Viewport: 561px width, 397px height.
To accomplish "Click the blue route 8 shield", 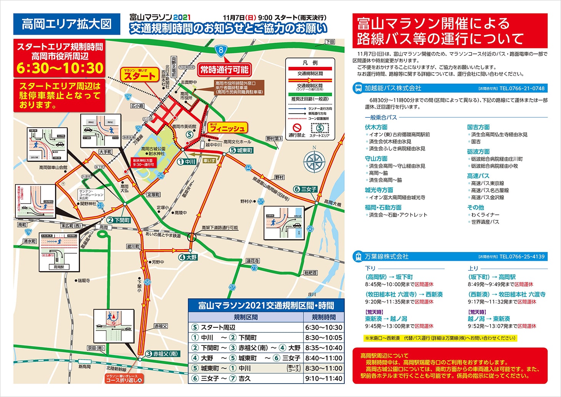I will (221, 50).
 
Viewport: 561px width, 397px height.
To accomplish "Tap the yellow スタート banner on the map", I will (140, 75).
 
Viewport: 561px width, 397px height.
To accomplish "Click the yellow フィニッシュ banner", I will (227, 128).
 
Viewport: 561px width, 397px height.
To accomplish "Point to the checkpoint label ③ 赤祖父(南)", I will (162, 354).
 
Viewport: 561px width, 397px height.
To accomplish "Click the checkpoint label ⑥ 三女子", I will (305, 189).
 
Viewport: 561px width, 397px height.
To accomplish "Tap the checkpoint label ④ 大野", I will (188, 257).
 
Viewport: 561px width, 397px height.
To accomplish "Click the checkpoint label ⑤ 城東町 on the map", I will (241, 150).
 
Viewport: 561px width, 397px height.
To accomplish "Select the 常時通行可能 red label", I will (224, 70).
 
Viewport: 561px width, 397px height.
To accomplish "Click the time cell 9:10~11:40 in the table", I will (324, 379).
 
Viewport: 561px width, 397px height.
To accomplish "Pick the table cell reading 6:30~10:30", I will (324, 327).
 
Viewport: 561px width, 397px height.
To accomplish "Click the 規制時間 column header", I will (324, 317).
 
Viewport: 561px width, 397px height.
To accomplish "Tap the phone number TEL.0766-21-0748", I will (522, 88).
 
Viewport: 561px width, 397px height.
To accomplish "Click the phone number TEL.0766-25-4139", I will (522, 257).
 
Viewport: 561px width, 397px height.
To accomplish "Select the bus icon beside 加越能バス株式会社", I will (358, 88).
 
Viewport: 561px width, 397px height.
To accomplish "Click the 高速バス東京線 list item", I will (488, 183).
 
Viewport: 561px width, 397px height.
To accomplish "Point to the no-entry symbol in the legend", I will (297, 128).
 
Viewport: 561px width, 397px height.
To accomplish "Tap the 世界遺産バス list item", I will (485, 222).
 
